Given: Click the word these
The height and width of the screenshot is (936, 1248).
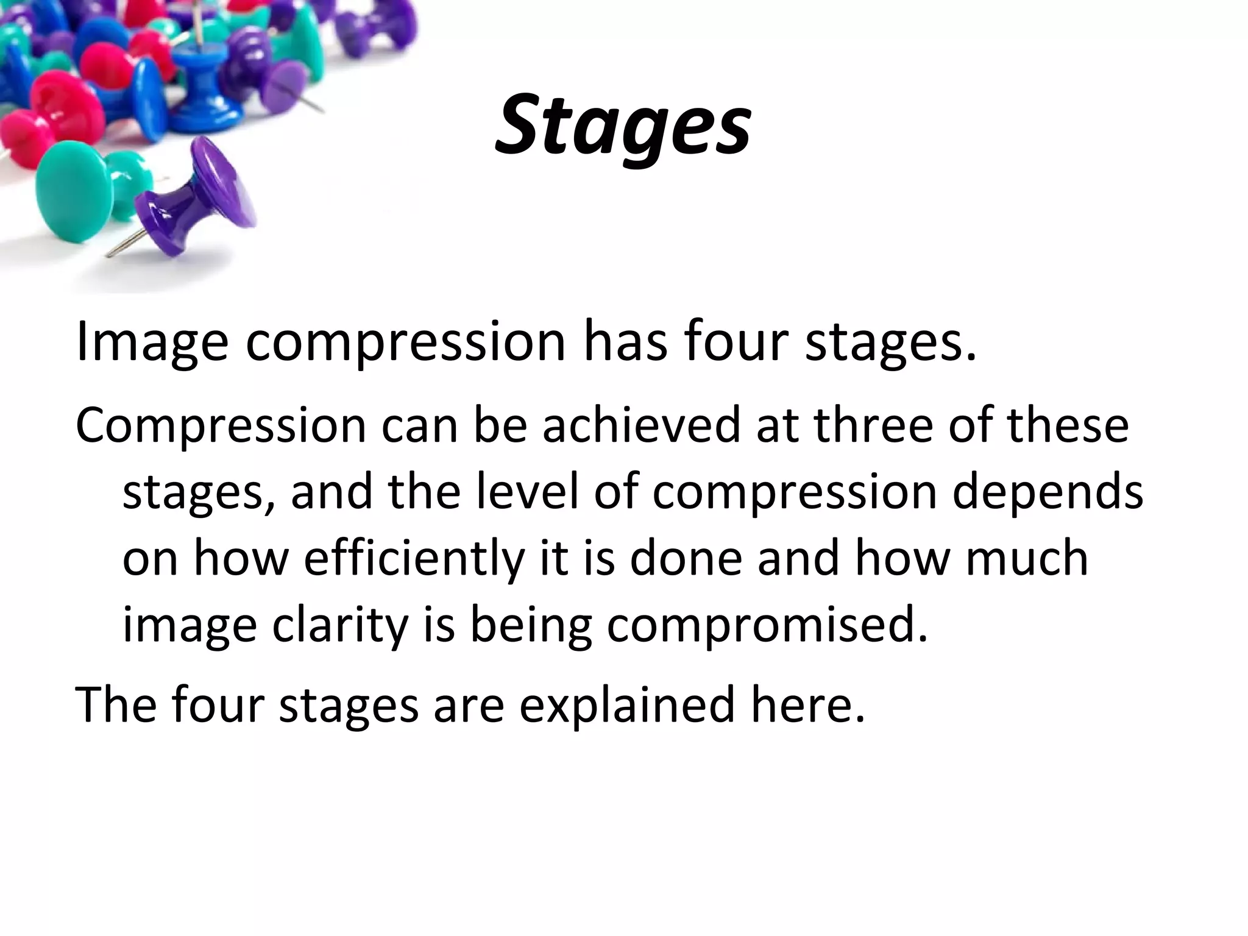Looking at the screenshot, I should pyautogui.click(x=1068, y=425).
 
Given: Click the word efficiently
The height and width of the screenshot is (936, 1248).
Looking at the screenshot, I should pyautogui.click(x=414, y=559).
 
